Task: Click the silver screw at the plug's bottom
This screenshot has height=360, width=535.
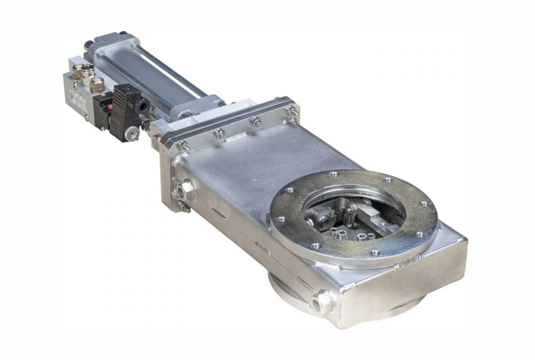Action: [132, 135]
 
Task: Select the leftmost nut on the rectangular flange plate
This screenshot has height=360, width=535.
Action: [184, 146]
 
